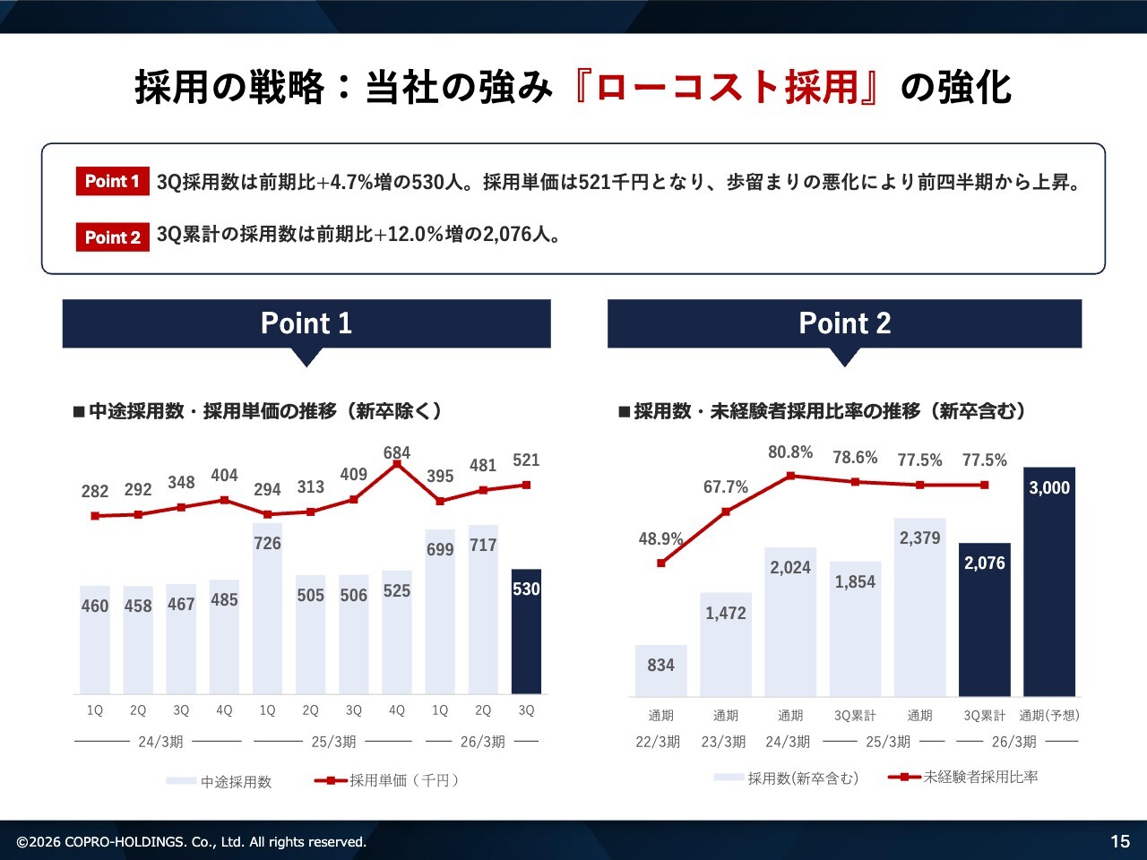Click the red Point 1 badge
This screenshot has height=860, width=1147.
[112, 181]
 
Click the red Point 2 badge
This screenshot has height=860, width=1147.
[112, 237]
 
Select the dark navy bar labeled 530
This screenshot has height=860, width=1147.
[526, 632]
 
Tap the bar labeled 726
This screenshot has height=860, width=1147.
[267, 609]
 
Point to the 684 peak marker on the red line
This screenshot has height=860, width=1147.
[397, 464]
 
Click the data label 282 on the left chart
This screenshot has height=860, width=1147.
[95, 491]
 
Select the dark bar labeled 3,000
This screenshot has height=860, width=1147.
[1048, 582]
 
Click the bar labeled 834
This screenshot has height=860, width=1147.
[661, 670]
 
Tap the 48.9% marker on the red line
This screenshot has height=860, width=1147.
[661, 563]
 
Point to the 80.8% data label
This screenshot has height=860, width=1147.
[790, 452]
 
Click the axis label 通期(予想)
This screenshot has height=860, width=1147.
[1048, 715]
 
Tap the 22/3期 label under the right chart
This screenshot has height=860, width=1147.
[658, 742]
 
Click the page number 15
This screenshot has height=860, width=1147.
[1120, 841]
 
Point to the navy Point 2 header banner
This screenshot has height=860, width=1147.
[844, 323]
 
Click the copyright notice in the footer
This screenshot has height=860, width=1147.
[192, 842]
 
